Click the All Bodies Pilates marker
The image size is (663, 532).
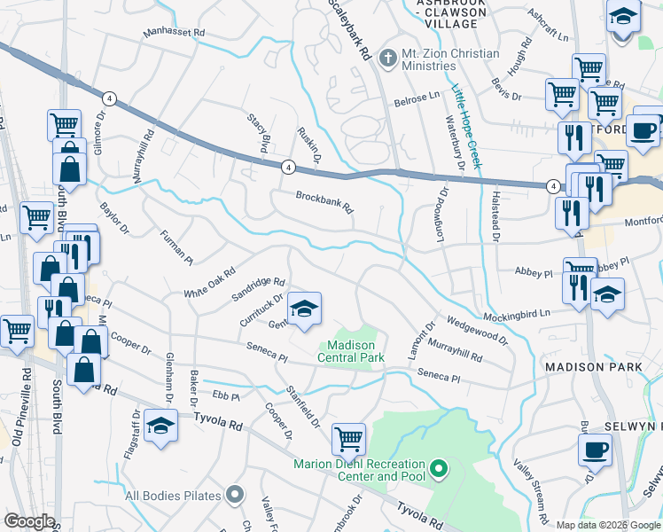click(x=234, y=493)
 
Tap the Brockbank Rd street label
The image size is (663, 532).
click(x=324, y=204)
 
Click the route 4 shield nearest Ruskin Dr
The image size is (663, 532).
click(x=288, y=166)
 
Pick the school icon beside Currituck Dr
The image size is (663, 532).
click(x=304, y=308)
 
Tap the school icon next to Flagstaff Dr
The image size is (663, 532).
click(x=160, y=426)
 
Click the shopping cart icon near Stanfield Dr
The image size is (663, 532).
click(x=348, y=438)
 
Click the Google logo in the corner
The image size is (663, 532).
click(x=29, y=521)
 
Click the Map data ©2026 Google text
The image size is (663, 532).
click(x=607, y=525)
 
